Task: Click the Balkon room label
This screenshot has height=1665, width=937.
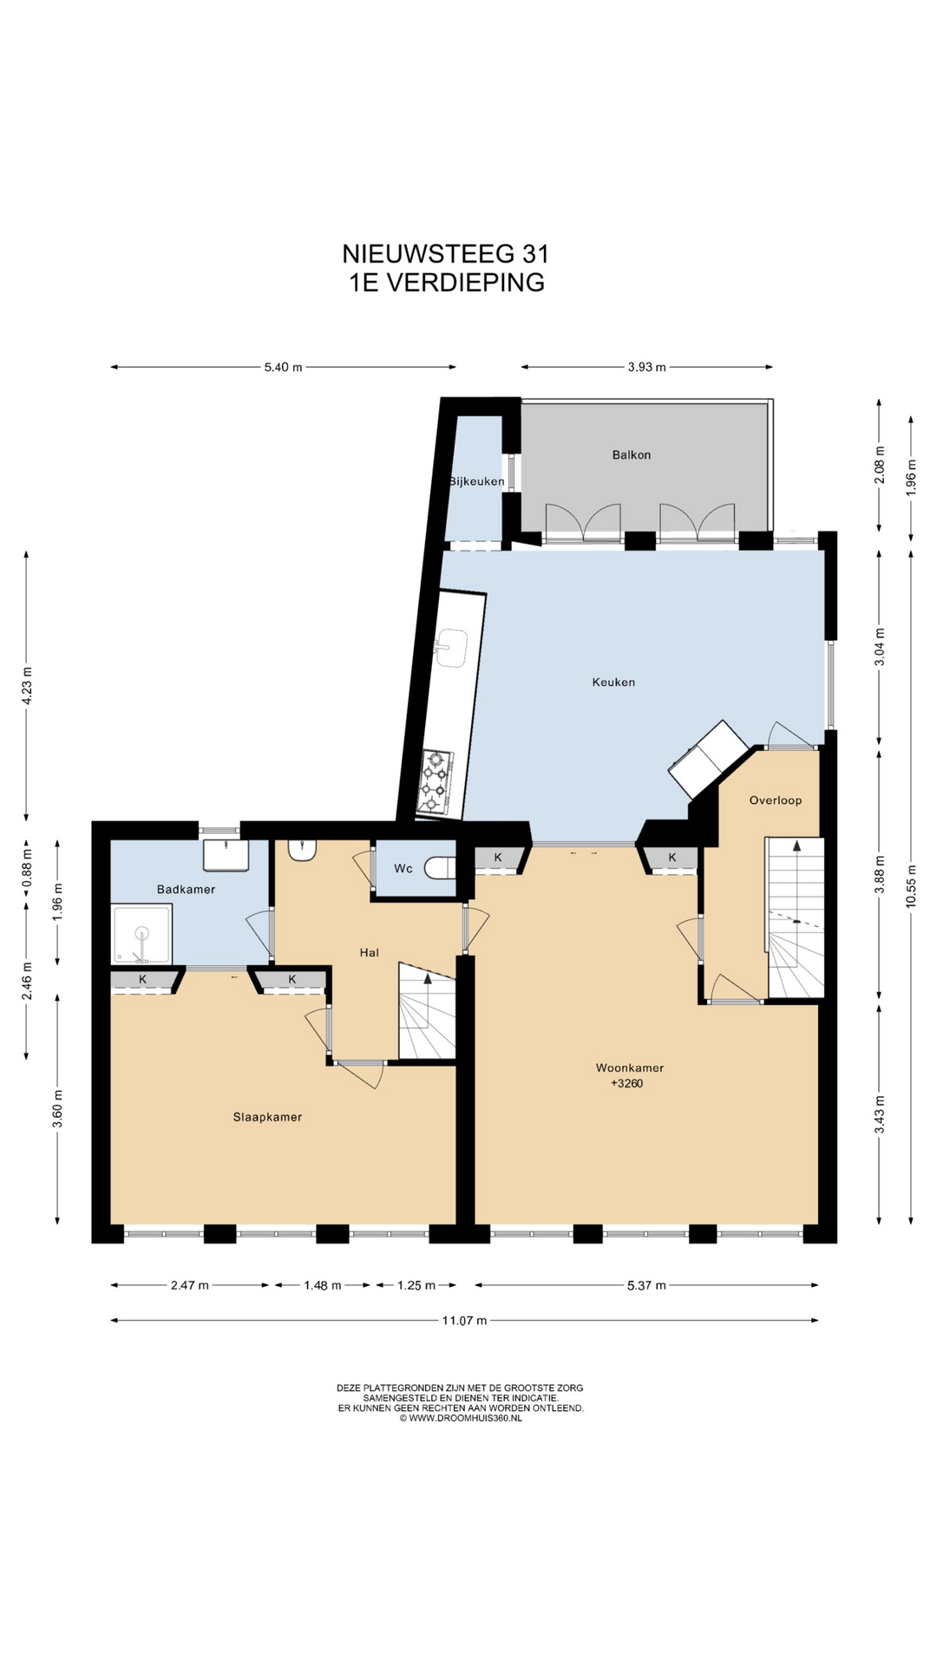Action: (631, 454)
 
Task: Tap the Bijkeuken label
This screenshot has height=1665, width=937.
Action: (476, 481)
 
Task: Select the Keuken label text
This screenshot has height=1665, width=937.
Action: (613, 682)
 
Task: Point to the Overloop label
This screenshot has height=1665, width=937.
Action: (776, 800)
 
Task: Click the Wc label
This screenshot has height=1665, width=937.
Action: (403, 868)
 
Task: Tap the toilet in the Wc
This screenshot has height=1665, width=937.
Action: (442, 867)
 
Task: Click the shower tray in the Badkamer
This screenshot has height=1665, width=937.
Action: (141, 934)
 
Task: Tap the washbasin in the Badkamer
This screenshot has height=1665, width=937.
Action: (226, 854)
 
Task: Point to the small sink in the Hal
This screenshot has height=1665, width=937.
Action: (303, 850)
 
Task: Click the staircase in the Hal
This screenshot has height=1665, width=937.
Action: (427, 1010)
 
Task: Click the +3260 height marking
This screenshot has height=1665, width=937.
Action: (627, 1083)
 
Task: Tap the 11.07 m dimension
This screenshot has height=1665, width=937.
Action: (465, 1321)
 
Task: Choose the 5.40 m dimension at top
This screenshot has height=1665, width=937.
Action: (284, 367)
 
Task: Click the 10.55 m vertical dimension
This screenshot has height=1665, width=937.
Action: (911, 886)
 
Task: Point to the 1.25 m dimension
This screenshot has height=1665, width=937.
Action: (416, 1285)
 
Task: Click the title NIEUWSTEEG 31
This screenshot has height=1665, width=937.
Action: (446, 253)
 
